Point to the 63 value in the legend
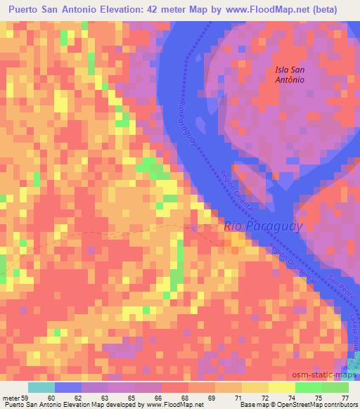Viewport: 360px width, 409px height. pos(104,398)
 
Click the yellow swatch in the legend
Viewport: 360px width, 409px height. pos(281,388)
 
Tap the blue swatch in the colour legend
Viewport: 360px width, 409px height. pos(67,388)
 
